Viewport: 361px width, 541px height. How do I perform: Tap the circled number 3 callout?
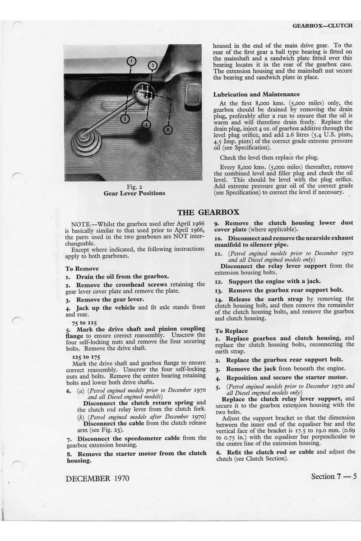(153, 66)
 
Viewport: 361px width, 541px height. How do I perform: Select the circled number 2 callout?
(126, 119)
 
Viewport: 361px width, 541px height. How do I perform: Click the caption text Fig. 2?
(133, 186)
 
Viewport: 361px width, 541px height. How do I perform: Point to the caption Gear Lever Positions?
(133, 193)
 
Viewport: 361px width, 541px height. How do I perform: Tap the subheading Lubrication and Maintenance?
(256, 94)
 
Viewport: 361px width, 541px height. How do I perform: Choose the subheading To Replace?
(231, 330)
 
